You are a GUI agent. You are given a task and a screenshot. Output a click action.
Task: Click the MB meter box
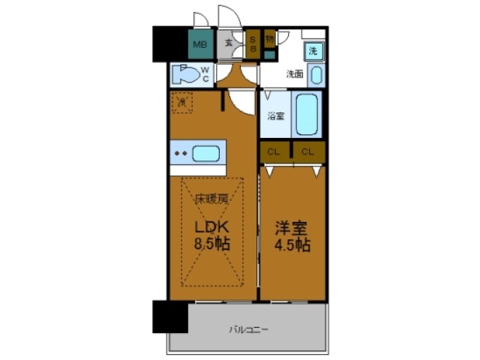199,44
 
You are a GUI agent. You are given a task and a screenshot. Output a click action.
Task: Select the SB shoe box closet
253,43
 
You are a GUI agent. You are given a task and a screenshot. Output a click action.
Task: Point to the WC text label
205,74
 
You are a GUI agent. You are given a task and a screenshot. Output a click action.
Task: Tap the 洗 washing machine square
314,51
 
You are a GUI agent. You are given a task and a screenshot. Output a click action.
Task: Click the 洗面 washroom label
294,74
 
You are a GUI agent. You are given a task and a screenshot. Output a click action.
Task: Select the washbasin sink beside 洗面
316,75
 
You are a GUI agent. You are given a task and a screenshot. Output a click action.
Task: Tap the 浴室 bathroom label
276,116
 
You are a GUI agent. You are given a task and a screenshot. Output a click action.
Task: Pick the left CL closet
274,151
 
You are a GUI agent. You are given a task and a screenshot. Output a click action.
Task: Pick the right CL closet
308,151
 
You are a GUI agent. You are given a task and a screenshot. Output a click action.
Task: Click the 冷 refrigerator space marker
182,102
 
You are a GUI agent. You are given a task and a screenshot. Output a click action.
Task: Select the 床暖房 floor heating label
212,199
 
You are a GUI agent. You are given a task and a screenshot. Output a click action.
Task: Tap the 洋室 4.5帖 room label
292,234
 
